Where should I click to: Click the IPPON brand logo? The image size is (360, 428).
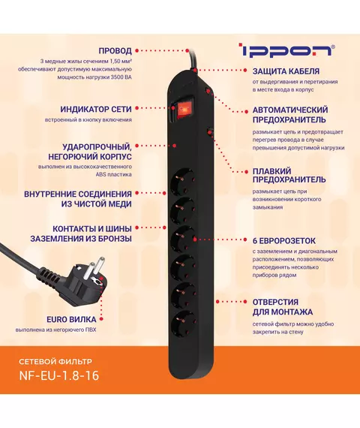[287, 50]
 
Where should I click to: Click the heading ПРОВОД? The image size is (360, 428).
[115, 51]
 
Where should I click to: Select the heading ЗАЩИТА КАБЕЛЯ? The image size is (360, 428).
[286, 71]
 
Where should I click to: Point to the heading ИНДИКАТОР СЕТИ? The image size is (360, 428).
[96, 109]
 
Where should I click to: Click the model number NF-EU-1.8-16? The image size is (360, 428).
[59, 375]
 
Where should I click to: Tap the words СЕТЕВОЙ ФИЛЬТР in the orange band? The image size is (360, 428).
[55, 361]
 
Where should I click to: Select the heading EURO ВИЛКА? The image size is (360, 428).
[71, 319]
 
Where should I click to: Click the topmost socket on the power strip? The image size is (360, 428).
[183, 180]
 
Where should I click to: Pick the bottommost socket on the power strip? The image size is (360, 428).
[183, 324]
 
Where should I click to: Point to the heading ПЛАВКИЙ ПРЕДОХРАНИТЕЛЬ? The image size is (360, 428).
[289, 175]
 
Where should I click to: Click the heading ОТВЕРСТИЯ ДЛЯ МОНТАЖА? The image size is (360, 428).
[283, 307]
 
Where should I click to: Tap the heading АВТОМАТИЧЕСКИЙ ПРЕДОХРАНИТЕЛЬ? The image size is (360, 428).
[290, 115]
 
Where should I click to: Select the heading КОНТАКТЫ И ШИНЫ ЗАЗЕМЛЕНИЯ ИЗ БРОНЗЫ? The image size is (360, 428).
[81, 234]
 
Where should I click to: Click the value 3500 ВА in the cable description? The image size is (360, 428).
[121, 77]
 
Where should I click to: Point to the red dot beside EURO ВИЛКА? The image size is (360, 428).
[101, 319]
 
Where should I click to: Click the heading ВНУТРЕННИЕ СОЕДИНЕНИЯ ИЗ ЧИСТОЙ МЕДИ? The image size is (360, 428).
[78, 199]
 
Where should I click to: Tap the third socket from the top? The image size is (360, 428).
[183, 238]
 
